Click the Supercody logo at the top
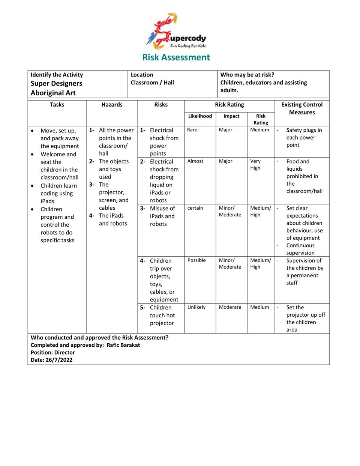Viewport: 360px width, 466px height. pyautogui.click(x=176, y=32)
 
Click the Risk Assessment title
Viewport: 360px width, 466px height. pyautogui.click(x=176, y=57)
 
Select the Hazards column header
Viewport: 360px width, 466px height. pyautogui.click(x=112, y=105)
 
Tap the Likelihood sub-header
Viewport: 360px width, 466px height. pyautogui.click(x=200, y=116)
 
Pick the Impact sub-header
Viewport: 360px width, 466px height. pyautogui.click(x=231, y=116)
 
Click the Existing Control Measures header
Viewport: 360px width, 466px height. pyautogui.click(x=302, y=108)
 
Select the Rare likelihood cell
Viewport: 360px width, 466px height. pyautogui.click(x=192, y=130)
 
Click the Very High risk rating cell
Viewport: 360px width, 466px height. pyautogui.click(x=255, y=165)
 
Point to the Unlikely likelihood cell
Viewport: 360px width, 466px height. pyautogui.click(x=196, y=307)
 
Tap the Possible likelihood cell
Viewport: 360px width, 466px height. pyautogui.click(x=196, y=260)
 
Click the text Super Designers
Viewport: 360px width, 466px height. pyautogui.click(x=56, y=84)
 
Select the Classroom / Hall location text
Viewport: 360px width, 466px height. pyautogui.click(x=152, y=83)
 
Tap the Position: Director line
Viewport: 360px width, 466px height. pyautogui.click(x=53, y=353)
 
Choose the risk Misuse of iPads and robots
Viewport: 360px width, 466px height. pyautogui.click(x=162, y=216)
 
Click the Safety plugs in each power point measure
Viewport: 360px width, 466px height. pyautogui.click(x=303, y=138)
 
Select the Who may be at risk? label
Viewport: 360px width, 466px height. pyautogui.click(x=247, y=75)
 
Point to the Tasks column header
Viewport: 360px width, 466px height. pyautogui.click(x=57, y=105)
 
